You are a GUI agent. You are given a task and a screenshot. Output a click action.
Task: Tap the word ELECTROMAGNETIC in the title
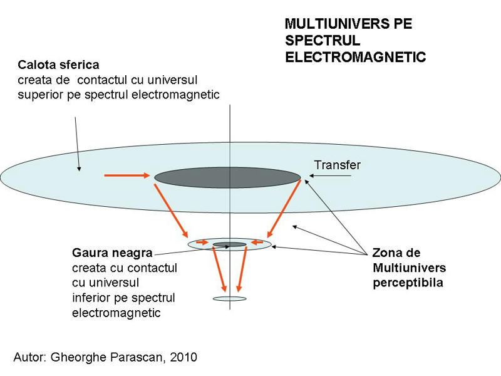355,57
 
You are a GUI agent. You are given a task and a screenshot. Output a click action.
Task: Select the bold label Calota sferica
59,65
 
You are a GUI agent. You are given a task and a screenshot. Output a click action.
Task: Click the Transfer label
337,165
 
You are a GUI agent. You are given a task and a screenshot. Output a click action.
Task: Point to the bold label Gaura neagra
112,253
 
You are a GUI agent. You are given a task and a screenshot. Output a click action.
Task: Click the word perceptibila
408,283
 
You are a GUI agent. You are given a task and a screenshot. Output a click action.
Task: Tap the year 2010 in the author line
183,357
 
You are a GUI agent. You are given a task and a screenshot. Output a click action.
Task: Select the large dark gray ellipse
227,178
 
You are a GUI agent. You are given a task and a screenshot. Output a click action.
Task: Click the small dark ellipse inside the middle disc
230,244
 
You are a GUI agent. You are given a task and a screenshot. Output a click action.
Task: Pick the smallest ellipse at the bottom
230,298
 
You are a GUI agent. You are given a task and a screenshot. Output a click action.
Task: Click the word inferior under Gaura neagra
91,297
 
